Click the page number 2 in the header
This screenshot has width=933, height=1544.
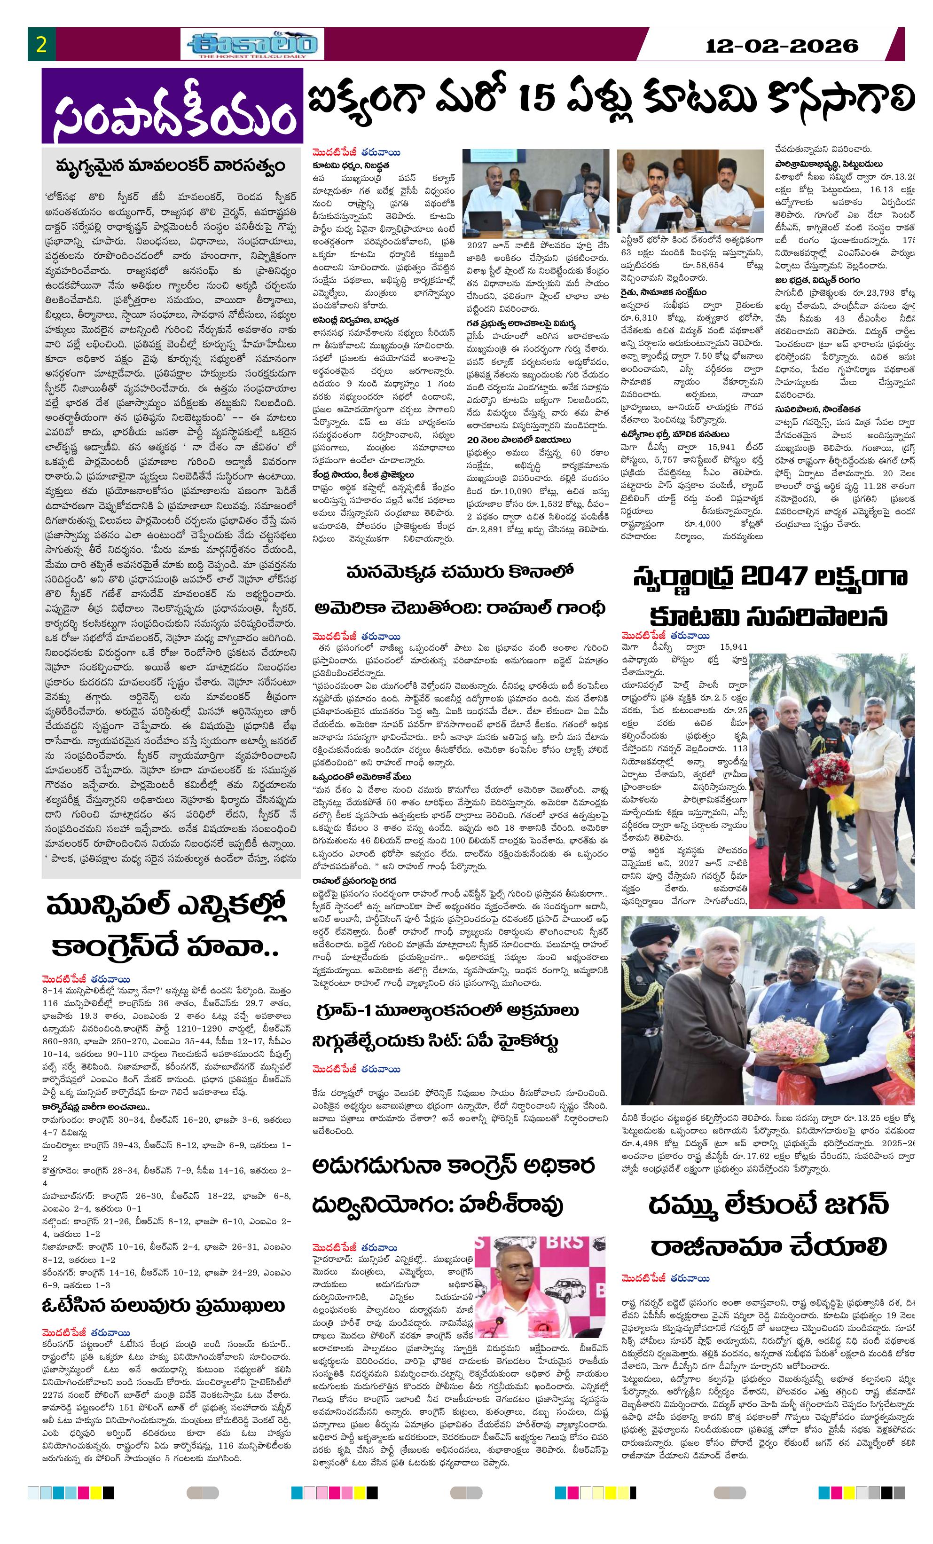(41, 45)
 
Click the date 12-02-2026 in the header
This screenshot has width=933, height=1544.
(781, 46)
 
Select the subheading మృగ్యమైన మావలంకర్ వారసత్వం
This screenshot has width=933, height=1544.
(171, 166)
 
